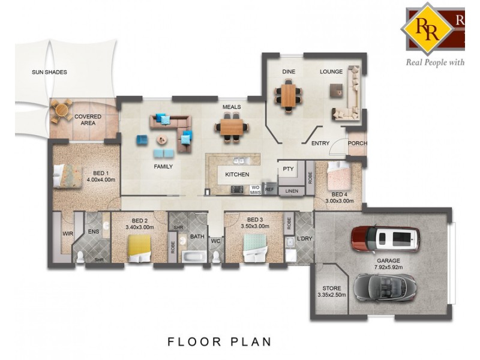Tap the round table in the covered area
click(61, 111)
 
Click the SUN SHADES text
click(49, 72)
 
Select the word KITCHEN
click(236, 175)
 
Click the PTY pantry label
click(288, 169)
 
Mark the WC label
click(215, 241)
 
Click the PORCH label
click(358, 143)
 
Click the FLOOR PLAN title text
click(219, 341)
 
